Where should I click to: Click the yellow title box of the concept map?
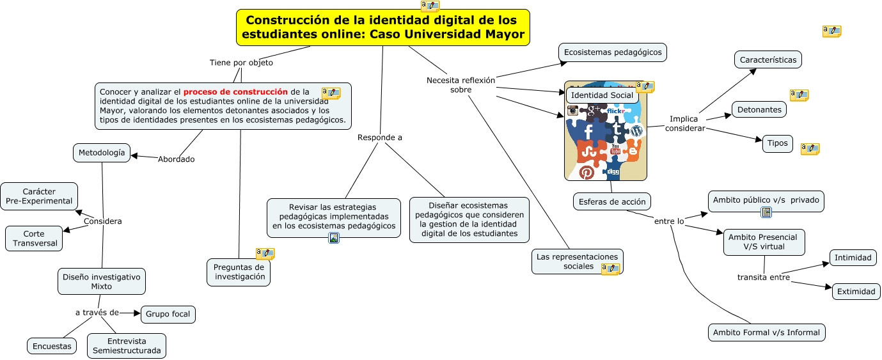coord(382,27)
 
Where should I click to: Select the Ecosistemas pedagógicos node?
coord(612,52)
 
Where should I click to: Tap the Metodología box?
coord(102,153)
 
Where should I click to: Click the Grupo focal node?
coord(168,315)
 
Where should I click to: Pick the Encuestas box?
coord(52,346)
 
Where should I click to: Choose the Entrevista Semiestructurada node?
coord(127,346)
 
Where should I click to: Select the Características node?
coord(768,59)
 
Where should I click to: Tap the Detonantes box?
coord(759,109)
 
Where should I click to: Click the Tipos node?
coord(777,143)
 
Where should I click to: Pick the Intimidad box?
coord(853,258)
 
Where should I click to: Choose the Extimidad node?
coord(856,292)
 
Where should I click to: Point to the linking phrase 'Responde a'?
coord(380,137)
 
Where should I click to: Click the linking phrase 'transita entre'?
coord(763,278)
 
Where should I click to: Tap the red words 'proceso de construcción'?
coord(240,91)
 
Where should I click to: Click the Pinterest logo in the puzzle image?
coord(587,172)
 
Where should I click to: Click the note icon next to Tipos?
coord(810,149)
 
